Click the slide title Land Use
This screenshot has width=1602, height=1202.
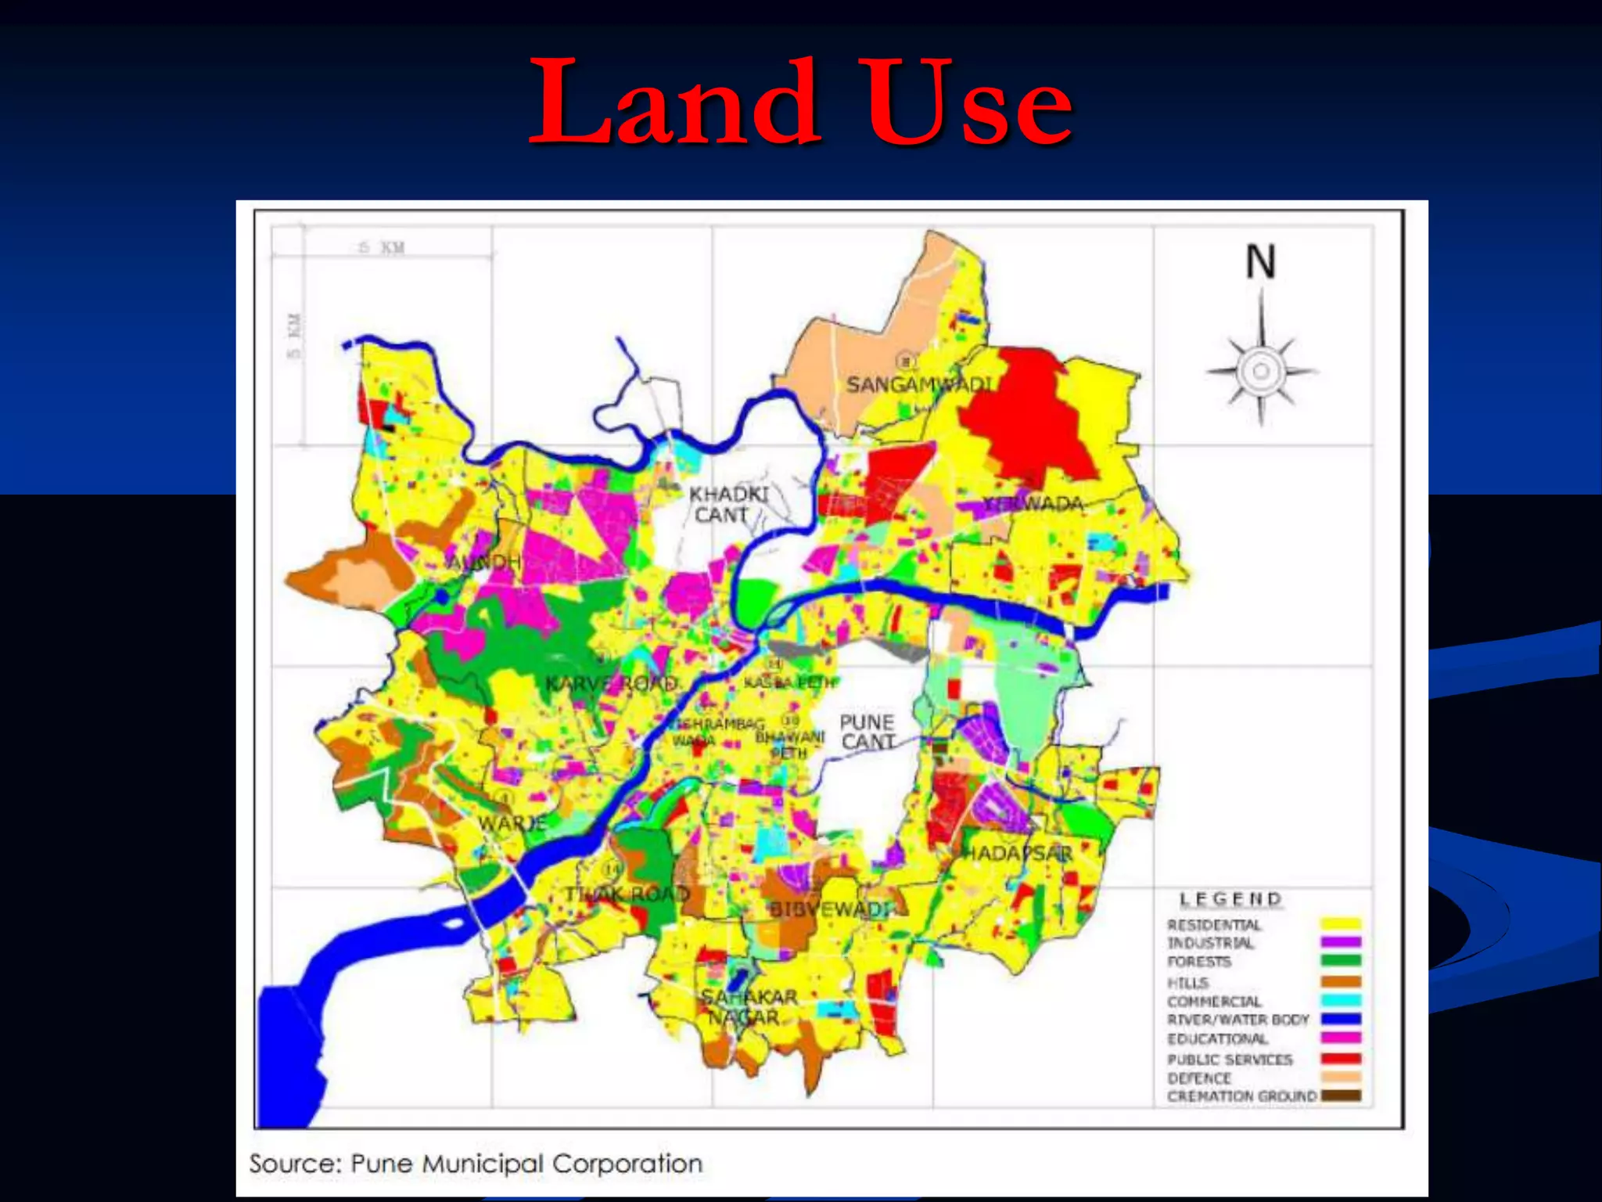[801, 102]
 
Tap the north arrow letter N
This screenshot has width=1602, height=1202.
[1260, 261]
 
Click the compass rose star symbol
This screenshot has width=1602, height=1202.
[1261, 371]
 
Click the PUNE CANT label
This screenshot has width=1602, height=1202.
[867, 732]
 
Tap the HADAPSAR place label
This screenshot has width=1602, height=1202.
[1017, 853]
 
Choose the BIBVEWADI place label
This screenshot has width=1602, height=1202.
[829, 909]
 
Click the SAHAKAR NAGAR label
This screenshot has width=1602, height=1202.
[748, 1007]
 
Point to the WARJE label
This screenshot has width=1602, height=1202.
[512, 823]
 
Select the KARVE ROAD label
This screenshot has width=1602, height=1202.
[611, 684]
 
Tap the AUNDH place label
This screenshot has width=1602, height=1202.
[483, 562]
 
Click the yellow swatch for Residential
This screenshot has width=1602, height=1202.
[1341, 924]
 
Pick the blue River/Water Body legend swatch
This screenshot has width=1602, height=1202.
[1341, 1019]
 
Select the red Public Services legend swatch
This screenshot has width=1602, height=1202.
[1341, 1058]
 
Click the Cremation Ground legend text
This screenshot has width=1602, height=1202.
[1241, 1096]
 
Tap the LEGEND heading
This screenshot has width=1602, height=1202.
[1230, 899]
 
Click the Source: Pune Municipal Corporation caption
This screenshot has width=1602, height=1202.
[476, 1164]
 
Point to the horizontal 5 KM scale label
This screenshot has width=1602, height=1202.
[382, 248]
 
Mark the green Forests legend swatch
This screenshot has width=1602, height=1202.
[1341, 961]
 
